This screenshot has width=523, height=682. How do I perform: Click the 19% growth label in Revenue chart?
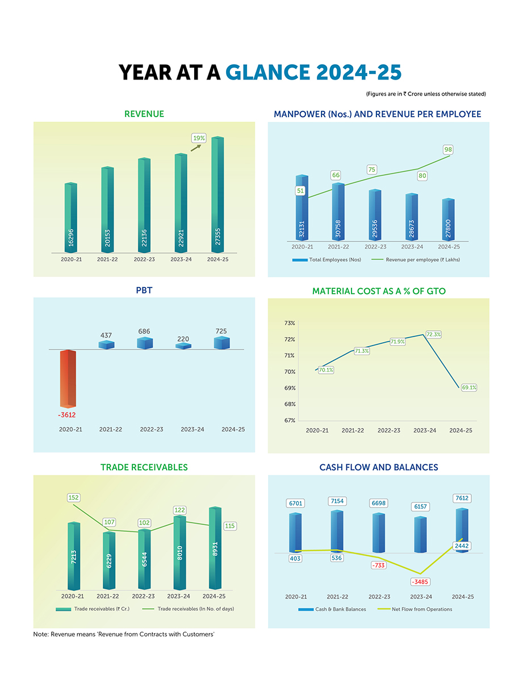pyautogui.click(x=199, y=138)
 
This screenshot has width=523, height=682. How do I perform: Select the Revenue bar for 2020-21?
pyautogui.click(x=71, y=219)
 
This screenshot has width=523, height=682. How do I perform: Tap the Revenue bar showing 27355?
pyautogui.click(x=218, y=196)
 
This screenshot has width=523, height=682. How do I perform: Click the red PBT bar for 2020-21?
pyautogui.click(x=68, y=378)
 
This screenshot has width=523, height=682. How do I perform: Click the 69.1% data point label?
pyautogui.click(x=468, y=388)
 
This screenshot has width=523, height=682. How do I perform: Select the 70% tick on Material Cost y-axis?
pyautogui.click(x=290, y=372)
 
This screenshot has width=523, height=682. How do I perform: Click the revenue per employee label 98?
pyautogui.click(x=448, y=149)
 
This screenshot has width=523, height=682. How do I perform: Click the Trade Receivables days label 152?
pyautogui.click(x=74, y=498)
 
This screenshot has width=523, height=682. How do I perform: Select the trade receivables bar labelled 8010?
pyautogui.click(x=180, y=552)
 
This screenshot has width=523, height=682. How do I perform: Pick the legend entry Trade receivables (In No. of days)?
pyautogui.click(x=195, y=609)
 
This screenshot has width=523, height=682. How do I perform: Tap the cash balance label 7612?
pyautogui.click(x=462, y=498)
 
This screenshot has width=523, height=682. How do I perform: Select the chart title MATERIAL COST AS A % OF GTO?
pyautogui.click(x=379, y=291)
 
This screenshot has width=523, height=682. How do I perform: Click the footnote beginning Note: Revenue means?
pyautogui.click(x=123, y=634)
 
